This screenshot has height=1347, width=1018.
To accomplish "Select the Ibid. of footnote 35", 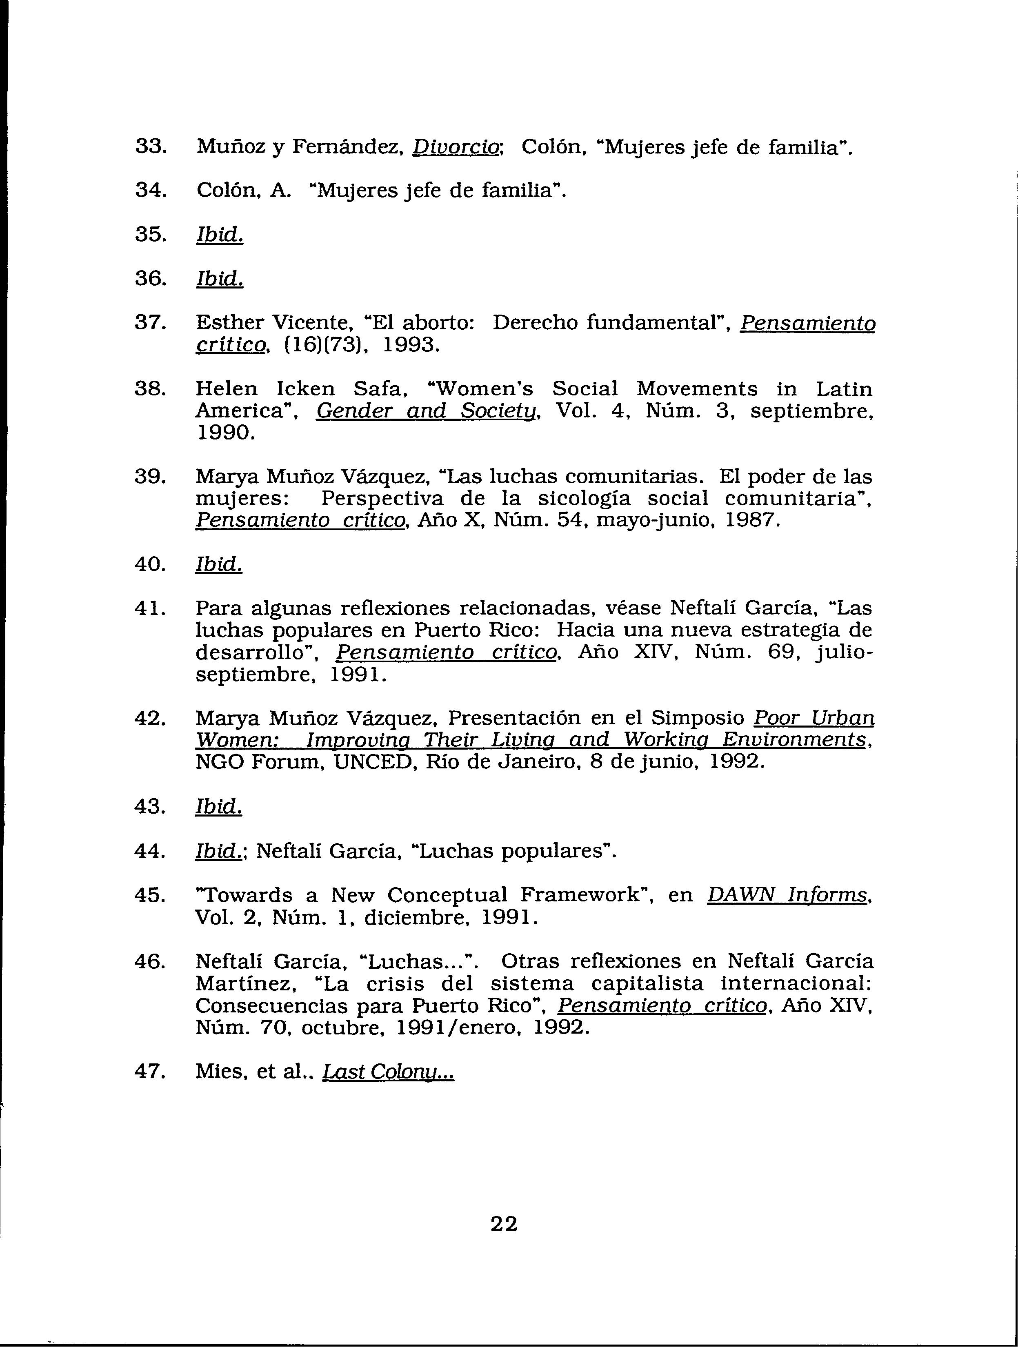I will (x=219, y=235).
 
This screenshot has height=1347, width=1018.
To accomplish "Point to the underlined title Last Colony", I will (x=388, y=1071).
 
